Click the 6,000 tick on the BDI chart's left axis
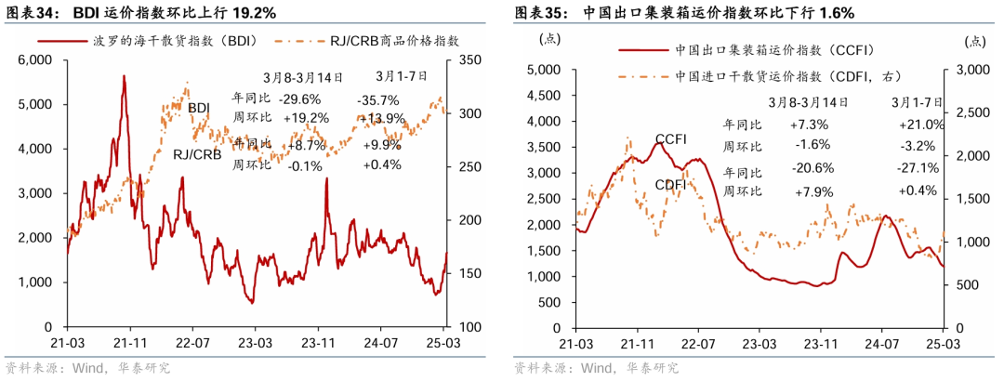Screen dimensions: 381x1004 click(36, 59)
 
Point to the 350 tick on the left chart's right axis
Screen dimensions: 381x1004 click(466, 59)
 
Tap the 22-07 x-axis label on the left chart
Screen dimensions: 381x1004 click(192, 342)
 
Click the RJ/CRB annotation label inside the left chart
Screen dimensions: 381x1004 click(197, 155)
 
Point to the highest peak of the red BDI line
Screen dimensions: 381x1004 click(124, 76)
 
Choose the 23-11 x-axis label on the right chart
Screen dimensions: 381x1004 click(818, 342)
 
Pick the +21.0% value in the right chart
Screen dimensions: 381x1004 click(920, 125)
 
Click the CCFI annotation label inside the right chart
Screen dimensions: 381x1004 click(670, 139)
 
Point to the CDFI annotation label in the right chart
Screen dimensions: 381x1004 click(670, 184)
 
